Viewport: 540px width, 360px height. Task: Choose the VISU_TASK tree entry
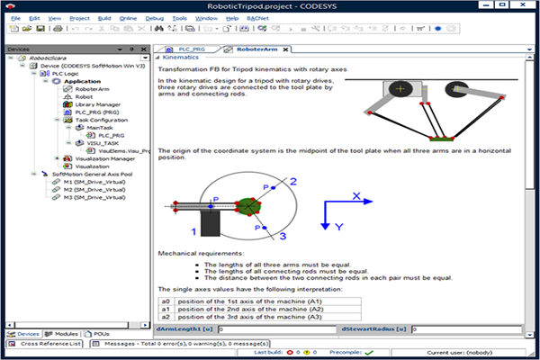tap(104, 142)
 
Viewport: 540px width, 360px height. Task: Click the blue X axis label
tap(356, 195)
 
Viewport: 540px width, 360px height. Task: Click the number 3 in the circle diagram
tap(282, 237)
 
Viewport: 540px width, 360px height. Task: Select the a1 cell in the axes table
tap(166, 309)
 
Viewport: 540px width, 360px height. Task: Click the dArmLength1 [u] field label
tap(195, 329)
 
